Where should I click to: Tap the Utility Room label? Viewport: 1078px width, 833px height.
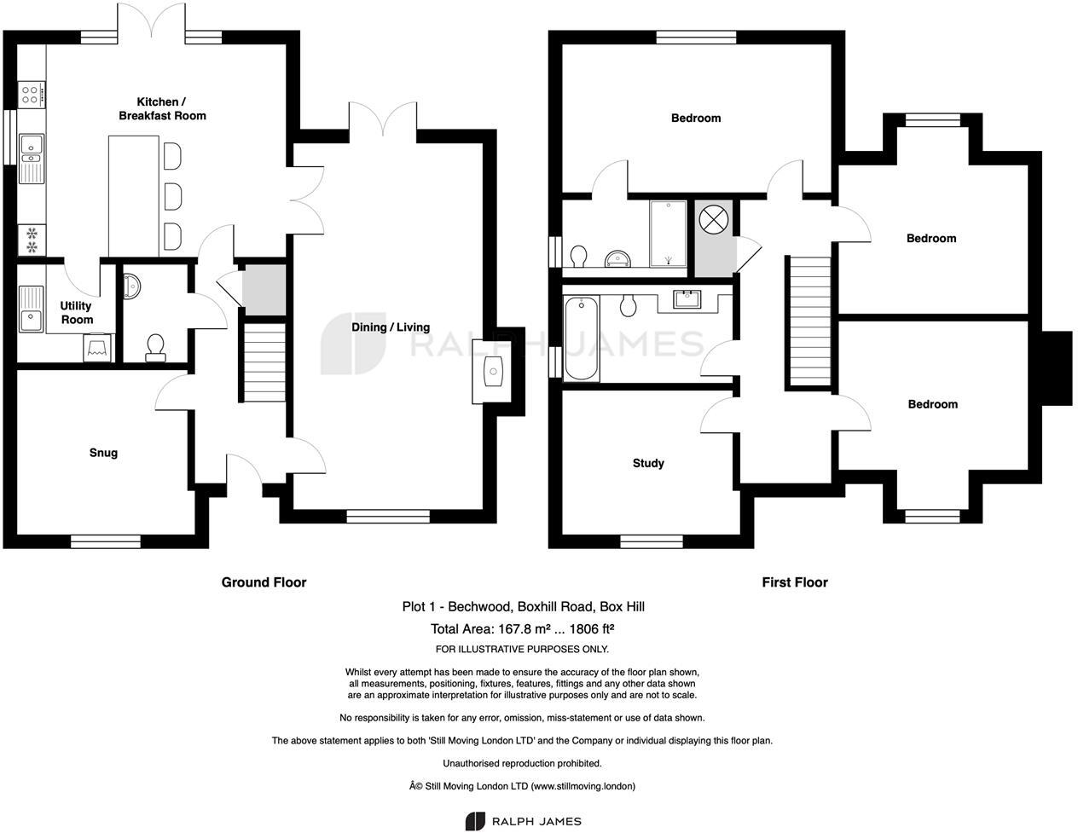click(76, 313)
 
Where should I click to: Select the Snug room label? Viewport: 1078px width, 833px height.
click(103, 453)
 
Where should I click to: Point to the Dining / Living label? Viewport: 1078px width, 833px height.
click(391, 327)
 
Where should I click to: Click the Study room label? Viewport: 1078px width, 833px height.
click(648, 463)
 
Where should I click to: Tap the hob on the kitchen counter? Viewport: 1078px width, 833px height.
click(31, 93)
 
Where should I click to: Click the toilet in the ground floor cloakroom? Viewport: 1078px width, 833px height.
click(155, 347)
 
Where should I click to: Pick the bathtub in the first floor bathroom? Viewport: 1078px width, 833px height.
click(582, 338)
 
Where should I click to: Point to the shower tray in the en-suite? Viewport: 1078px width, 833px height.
click(668, 234)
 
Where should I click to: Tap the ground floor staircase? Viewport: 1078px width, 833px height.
click(263, 361)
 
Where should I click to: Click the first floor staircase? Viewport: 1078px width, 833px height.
click(808, 321)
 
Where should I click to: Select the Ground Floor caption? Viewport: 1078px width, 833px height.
click(264, 582)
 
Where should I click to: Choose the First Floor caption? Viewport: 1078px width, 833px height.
click(794, 582)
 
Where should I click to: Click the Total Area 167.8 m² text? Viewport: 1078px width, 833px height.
click(523, 629)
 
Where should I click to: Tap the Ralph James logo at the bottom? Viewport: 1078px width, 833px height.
click(523, 821)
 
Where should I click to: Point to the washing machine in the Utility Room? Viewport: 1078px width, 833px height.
click(100, 347)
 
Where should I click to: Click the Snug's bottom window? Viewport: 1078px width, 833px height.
click(105, 541)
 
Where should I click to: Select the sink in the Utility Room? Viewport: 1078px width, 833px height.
click(32, 309)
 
